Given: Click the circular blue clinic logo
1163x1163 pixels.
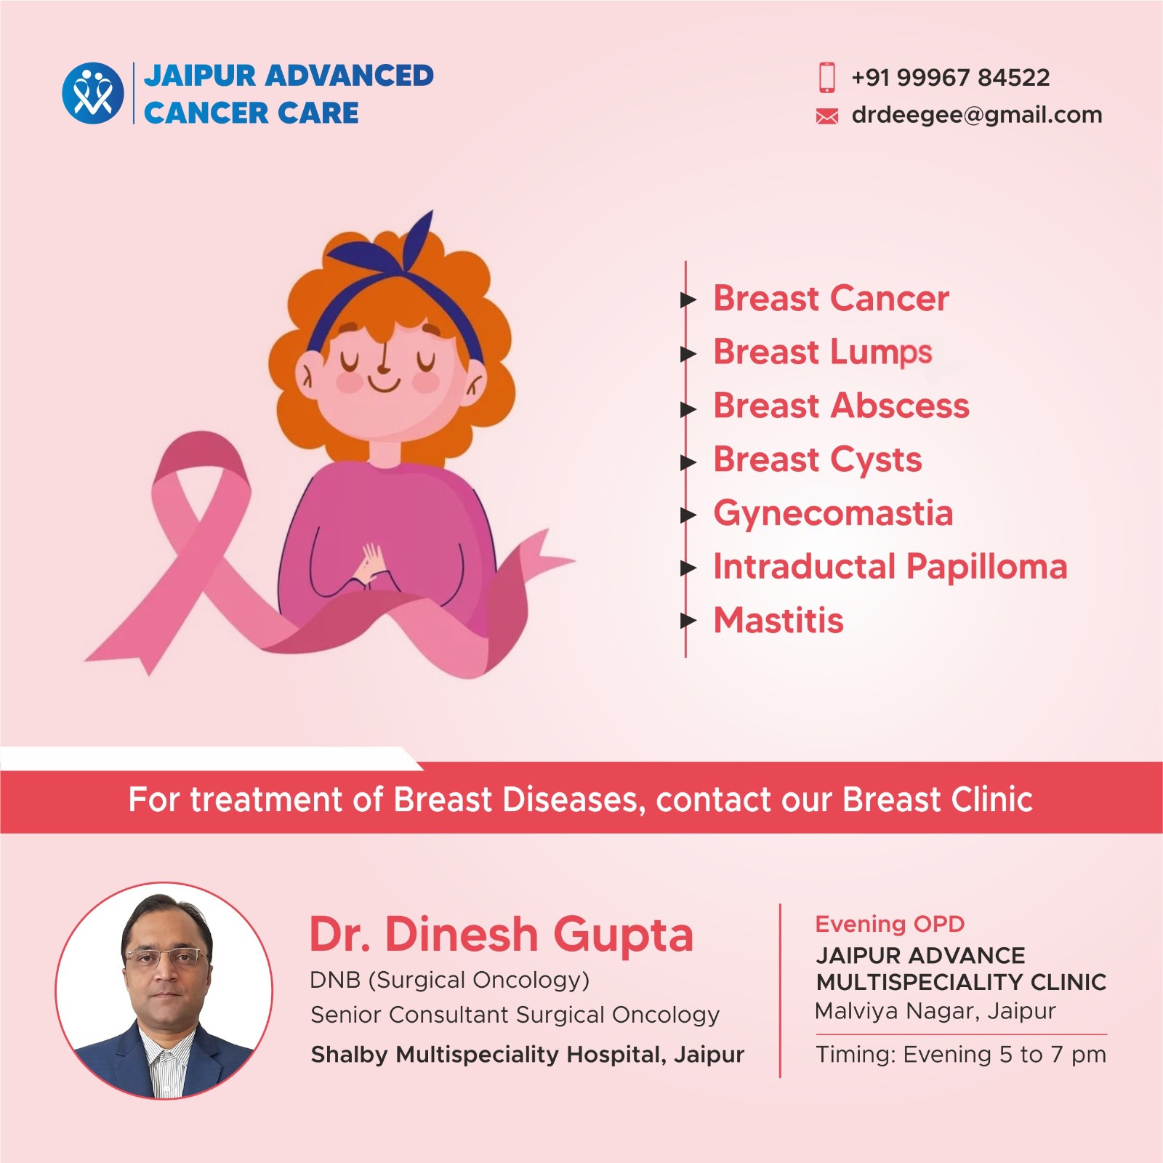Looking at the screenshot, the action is [93, 93].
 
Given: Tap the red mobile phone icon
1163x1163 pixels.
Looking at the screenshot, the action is [827, 77].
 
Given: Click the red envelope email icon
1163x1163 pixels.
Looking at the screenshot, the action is [827, 116].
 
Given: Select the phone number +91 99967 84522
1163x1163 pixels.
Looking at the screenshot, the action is [951, 77].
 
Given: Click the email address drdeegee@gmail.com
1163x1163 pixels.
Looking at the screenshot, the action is [977, 115].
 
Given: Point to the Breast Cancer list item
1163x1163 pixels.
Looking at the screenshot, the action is [831, 299].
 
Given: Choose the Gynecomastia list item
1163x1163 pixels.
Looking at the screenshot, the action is [833, 514].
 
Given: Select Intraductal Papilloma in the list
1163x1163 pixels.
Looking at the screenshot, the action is [890, 567].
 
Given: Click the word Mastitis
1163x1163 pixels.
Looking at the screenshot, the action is [778, 621].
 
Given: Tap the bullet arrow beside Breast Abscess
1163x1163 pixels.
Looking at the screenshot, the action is [688, 409].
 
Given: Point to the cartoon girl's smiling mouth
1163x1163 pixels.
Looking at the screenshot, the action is [384, 383].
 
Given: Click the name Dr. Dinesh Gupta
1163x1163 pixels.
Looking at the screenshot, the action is [502, 935].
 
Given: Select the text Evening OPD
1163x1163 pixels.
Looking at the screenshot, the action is [890, 924].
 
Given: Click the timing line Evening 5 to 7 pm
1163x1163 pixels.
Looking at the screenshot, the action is [961, 1055].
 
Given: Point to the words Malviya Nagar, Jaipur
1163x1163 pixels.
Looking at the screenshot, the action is [935, 1012].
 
